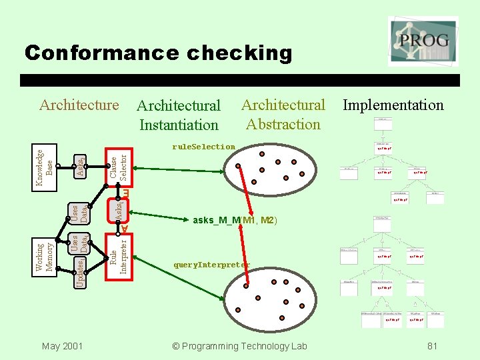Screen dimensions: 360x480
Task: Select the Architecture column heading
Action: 79,105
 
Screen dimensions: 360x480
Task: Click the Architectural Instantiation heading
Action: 178,115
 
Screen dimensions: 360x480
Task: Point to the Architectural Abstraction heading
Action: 283,114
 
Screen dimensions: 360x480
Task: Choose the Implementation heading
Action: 393,105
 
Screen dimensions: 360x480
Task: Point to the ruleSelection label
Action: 203,147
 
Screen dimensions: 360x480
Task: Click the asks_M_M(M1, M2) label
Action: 234,220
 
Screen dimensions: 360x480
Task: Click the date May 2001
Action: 62,345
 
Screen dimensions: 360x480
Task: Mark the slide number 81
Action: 432,345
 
